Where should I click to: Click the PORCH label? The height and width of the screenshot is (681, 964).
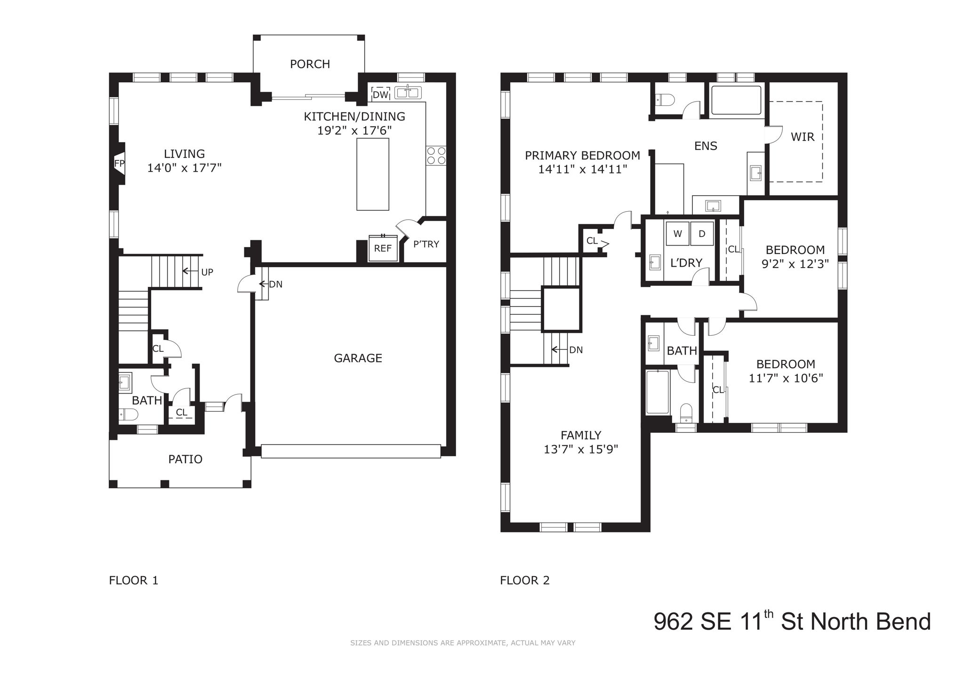pos(310,64)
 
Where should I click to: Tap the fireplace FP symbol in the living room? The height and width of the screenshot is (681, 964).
pos(119,163)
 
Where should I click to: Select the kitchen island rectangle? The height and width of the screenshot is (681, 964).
pos(373,174)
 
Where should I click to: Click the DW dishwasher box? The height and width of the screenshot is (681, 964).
pos(380,95)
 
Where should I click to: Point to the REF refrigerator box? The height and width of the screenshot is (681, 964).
pos(383,248)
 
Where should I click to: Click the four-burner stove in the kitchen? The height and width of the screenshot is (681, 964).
pos(436,156)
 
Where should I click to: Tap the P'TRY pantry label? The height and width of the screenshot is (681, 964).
pos(426,244)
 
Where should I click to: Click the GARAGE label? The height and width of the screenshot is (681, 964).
pos(358,358)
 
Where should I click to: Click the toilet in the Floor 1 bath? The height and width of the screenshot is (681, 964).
pos(128,414)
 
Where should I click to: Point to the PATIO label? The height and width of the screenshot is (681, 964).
pos(185,459)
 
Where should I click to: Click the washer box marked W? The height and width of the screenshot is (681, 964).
pos(678,234)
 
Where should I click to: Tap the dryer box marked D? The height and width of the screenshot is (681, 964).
pos(702,234)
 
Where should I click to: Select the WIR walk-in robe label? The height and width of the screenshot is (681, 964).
pos(803,137)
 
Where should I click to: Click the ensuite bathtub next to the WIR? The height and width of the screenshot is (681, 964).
pos(736,100)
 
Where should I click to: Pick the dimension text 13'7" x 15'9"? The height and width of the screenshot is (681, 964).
pos(580,449)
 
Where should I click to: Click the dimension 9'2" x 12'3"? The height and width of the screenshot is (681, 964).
pos(795,264)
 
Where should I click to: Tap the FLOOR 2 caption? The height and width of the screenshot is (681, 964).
pos(524,580)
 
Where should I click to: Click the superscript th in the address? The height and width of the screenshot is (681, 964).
pos(769,613)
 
